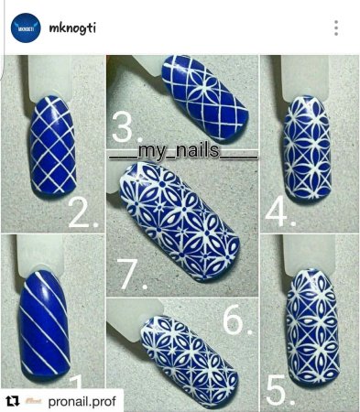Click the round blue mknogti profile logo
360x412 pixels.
[26, 27]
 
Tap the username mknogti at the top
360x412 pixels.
[72, 28]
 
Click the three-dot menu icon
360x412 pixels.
[336, 28]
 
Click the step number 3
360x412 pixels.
[125, 128]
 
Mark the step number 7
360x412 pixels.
[132, 275]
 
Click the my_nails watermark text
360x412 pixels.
[183, 151]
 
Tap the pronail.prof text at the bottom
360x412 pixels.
[82, 401]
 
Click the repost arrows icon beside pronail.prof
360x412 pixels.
[13, 401]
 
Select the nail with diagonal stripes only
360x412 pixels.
[45, 323]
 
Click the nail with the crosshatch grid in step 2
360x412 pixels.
[52, 146]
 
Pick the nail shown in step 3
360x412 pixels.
[204, 98]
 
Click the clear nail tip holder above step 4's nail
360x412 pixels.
[305, 78]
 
